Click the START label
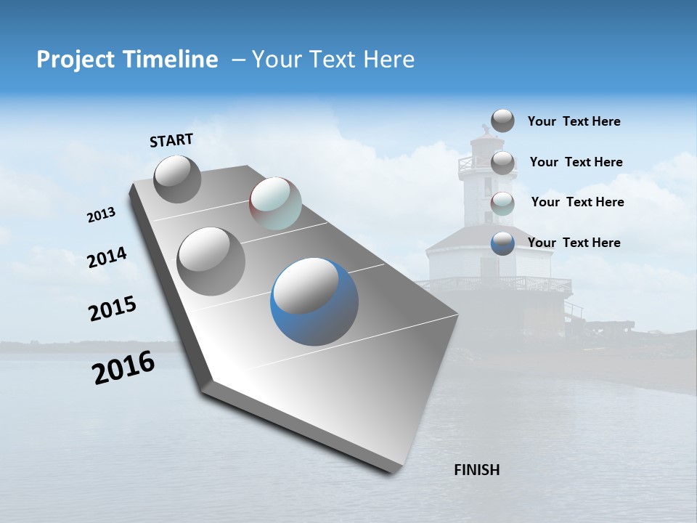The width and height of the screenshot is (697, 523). (x=171, y=140)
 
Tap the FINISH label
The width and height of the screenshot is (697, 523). (x=476, y=470)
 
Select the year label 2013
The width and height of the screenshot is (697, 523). (x=101, y=215)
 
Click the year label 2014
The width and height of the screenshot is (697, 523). (x=107, y=258)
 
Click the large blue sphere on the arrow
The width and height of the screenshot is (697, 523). (x=314, y=301)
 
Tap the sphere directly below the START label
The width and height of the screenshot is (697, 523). (x=177, y=179)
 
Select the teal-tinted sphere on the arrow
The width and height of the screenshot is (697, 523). (x=275, y=203)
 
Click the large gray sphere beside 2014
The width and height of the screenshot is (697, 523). (x=211, y=261)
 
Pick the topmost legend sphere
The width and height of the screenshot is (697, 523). (x=502, y=121)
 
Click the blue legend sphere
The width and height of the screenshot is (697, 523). (x=502, y=243)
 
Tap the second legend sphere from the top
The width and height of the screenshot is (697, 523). (x=502, y=163)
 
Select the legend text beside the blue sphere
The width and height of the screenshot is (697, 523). (x=574, y=243)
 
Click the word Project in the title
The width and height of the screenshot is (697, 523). (x=73, y=60)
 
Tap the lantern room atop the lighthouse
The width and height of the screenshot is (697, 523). (x=483, y=145)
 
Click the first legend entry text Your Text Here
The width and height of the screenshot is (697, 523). (x=574, y=121)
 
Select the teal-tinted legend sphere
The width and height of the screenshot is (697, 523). (x=502, y=203)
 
